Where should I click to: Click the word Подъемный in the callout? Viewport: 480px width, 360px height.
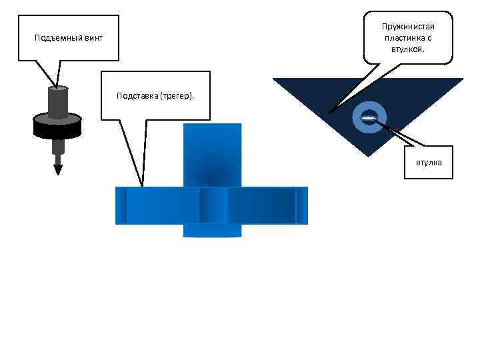coord(59,38)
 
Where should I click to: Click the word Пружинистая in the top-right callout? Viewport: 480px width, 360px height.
coord(407,27)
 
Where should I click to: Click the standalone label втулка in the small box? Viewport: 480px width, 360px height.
coord(429,162)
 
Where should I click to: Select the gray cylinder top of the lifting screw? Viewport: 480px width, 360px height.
coord(58,89)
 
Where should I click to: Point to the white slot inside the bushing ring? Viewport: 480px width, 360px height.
coord(368,118)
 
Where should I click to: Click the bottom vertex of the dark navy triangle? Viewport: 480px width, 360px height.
coord(368,155)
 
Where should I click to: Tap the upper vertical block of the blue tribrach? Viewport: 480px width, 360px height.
coord(212,155)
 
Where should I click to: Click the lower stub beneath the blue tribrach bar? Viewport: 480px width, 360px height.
coord(212,230)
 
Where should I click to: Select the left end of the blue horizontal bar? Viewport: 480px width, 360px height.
coord(121,205)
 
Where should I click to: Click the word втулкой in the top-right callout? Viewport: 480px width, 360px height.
coord(407,49)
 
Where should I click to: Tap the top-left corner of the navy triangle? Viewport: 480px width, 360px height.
coord(275,79)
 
